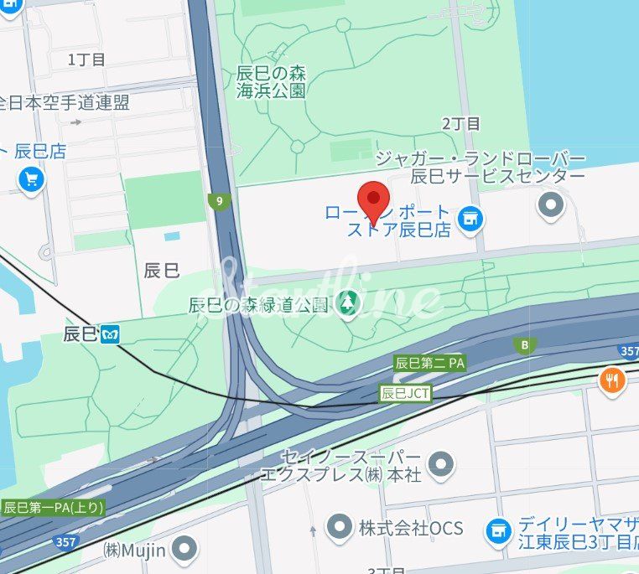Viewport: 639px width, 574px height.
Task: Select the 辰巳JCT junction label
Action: click(x=406, y=392)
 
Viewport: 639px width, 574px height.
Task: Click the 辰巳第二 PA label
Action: click(x=429, y=364)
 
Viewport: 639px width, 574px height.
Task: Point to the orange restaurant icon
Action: click(x=613, y=381)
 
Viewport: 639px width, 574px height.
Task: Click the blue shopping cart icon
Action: click(x=32, y=178)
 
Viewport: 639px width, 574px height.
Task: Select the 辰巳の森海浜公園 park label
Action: click(x=270, y=80)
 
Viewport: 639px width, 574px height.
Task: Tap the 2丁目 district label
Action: click(x=461, y=123)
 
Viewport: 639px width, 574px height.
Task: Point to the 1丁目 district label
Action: click(x=86, y=59)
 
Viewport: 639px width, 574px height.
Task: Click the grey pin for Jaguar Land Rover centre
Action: click(x=551, y=204)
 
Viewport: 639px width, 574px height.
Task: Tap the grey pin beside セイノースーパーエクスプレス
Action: click(x=440, y=464)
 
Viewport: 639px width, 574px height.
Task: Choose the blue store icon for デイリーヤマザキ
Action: click(x=498, y=530)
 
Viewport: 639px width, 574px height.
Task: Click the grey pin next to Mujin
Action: click(x=184, y=551)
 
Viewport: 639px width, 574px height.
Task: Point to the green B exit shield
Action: click(x=526, y=345)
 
